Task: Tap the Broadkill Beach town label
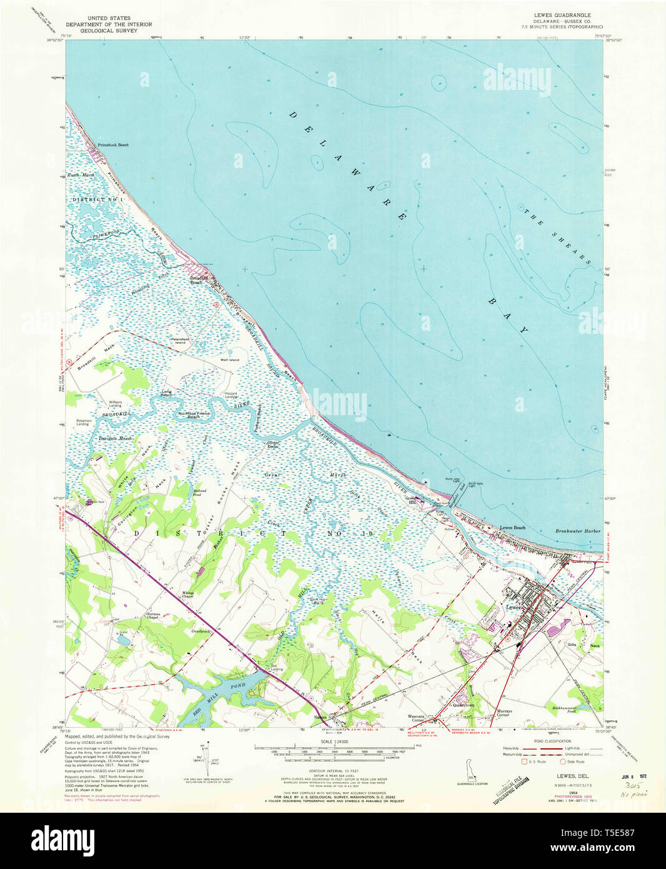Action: (199, 280)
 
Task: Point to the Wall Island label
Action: (229, 360)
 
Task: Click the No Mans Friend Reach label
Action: (195, 415)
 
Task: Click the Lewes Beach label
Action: (512, 528)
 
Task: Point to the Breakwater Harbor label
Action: (577, 531)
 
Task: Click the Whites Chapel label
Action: (188, 594)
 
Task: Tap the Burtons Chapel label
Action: (153, 616)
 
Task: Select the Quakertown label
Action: (463, 705)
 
